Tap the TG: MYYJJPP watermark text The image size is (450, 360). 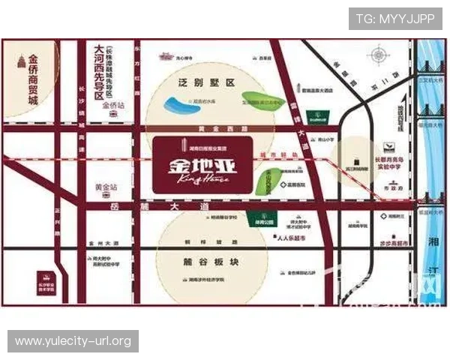[x=394, y=19]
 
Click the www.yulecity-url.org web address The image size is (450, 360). [x=74, y=341]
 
